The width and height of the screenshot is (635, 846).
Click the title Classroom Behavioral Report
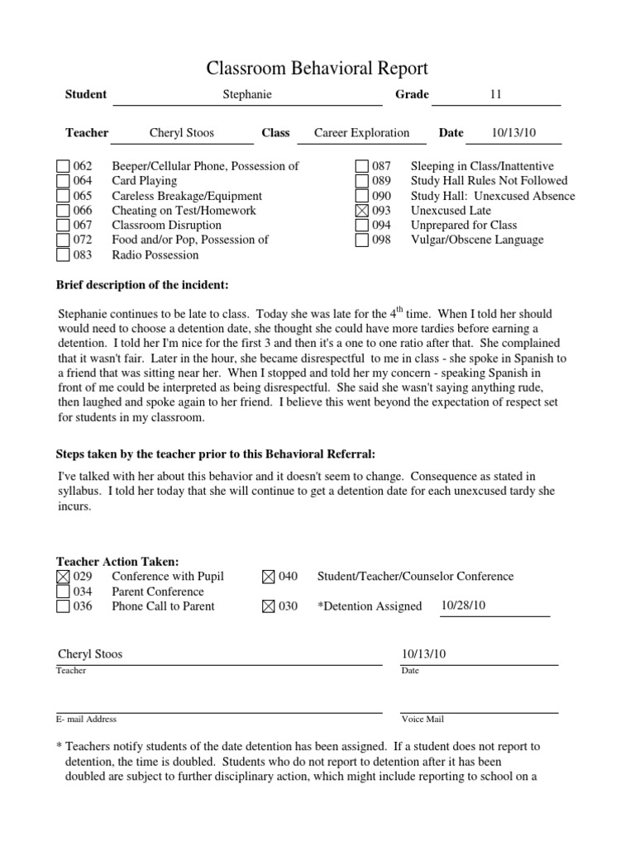(x=317, y=68)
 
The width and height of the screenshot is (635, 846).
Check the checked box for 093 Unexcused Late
(x=361, y=211)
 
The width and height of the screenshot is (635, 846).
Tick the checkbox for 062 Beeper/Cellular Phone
(x=63, y=167)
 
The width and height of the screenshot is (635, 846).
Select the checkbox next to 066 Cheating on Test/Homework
(x=63, y=211)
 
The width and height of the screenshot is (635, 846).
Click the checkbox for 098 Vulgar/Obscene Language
(x=361, y=240)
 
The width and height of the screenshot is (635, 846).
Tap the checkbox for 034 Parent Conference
(x=63, y=592)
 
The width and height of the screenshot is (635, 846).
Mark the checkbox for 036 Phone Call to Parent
(x=63, y=606)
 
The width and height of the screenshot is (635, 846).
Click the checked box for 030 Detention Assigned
(x=267, y=606)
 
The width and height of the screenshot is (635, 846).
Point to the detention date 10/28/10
(x=463, y=606)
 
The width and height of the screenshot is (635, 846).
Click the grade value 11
(x=496, y=95)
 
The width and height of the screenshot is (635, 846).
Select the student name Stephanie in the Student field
(x=247, y=95)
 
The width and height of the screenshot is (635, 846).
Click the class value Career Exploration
(x=361, y=133)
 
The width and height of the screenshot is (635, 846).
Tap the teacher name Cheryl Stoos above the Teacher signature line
(x=90, y=654)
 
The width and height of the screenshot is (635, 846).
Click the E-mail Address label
(x=86, y=720)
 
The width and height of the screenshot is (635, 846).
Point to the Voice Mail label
(x=423, y=720)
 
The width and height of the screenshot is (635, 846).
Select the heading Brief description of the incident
(x=141, y=285)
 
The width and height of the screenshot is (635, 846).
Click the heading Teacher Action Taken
(x=117, y=562)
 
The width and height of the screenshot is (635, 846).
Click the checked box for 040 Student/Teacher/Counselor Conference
(x=267, y=577)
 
